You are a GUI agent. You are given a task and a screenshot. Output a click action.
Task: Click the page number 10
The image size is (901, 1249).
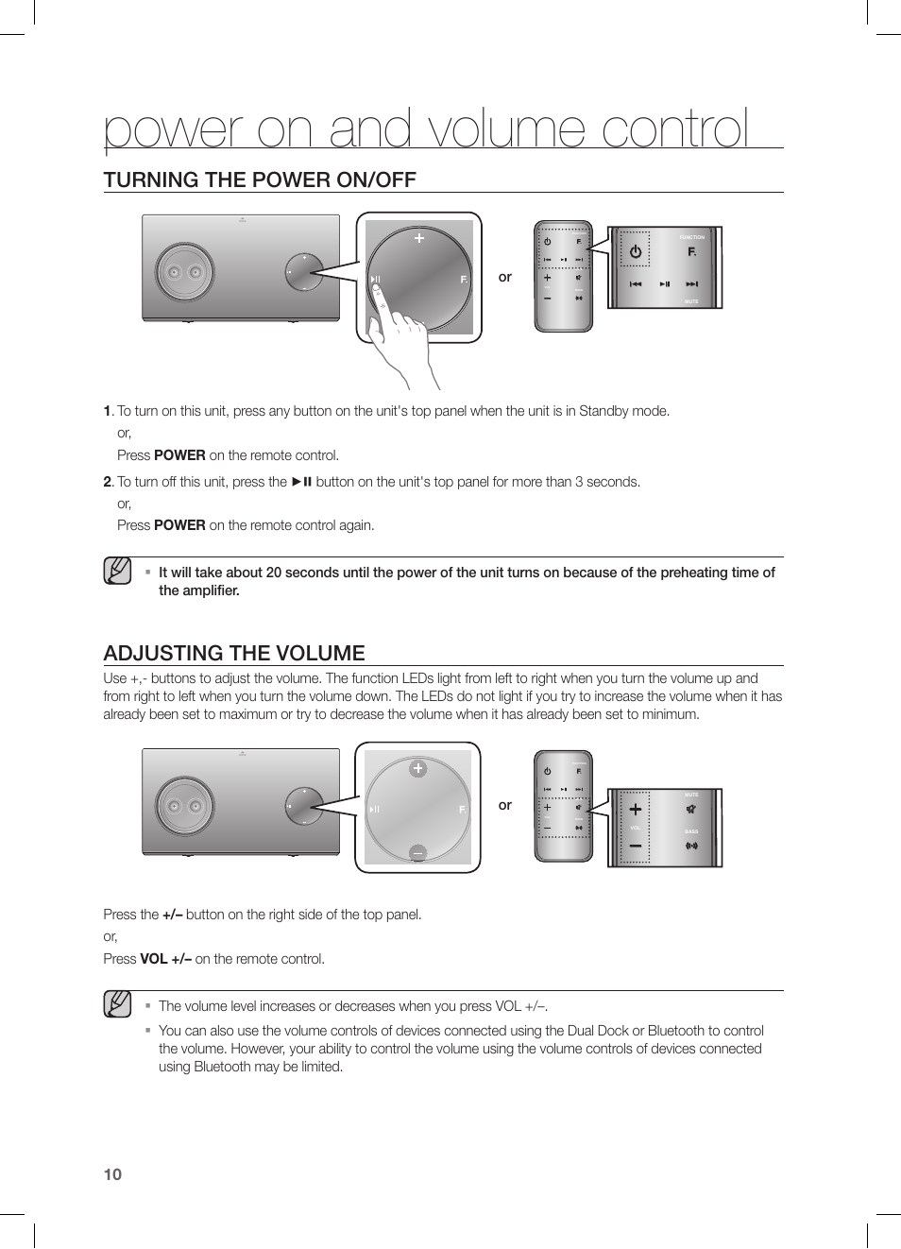(x=112, y=1174)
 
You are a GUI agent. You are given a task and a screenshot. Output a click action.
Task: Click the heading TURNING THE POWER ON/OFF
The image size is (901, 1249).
(x=260, y=180)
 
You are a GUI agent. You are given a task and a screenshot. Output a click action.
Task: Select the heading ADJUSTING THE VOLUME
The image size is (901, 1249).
(x=234, y=653)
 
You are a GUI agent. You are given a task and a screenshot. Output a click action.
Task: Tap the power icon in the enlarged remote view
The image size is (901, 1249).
(x=636, y=252)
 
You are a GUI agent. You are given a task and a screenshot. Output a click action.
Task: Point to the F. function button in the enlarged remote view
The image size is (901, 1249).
(x=692, y=251)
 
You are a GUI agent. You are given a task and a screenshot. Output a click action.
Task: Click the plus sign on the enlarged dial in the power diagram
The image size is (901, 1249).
(x=419, y=238)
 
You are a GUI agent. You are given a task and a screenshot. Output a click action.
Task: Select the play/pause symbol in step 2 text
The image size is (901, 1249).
(x=301, y=482)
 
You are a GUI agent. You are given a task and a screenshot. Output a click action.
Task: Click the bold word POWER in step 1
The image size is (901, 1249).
(x=179, y=455)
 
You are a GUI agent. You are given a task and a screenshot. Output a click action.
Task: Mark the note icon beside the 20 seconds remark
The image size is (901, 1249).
(x=117, y=571)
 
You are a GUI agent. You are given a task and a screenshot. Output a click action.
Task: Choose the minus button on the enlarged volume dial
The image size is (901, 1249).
(x=417, y=853)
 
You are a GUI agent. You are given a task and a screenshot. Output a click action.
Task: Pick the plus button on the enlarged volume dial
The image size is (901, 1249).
(x=417, y=769)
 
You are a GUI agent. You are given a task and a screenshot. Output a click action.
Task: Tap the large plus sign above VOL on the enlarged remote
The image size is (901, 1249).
(x=636, y=810)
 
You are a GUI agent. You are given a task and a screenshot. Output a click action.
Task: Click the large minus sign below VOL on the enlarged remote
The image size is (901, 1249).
(x=636, y=846)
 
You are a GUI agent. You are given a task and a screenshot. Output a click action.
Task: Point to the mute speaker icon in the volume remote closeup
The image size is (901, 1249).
(x=691, y=809)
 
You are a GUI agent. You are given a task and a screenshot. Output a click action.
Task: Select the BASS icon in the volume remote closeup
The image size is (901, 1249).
(x=691, y=846)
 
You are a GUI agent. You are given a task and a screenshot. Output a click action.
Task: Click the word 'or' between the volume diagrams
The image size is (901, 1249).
(x=505, y=805)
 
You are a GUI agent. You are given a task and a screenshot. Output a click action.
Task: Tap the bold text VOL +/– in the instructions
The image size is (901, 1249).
(x=165, y=959)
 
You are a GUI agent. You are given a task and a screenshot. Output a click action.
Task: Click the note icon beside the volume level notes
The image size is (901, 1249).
(x=117, y=1004)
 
